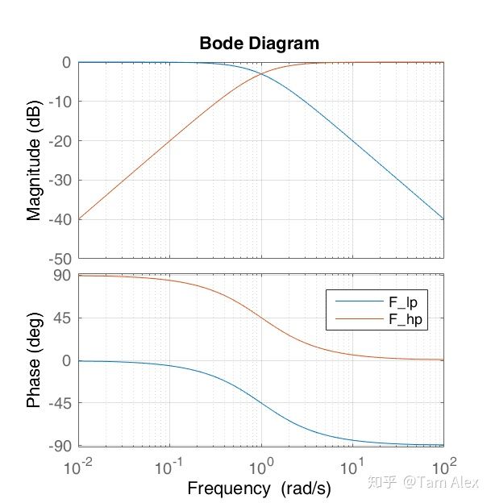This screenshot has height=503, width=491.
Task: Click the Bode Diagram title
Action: coord(259,44)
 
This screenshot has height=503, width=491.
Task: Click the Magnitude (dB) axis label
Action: coord(34,160)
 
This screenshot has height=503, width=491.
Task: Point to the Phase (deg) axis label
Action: coord(34,360)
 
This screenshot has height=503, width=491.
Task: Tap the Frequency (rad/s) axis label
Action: coord(259,488)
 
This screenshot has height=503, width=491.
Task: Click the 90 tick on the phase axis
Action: coord(63,276)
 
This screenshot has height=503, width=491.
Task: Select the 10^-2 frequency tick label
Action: coord(78,465)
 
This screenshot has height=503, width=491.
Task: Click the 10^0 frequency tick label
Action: coord(260,465)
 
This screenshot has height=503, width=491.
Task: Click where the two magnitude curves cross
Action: coord(261,74)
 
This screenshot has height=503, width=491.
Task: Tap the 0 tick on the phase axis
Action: coord(68,360)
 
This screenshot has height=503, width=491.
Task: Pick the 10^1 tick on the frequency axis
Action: coord(352,465)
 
